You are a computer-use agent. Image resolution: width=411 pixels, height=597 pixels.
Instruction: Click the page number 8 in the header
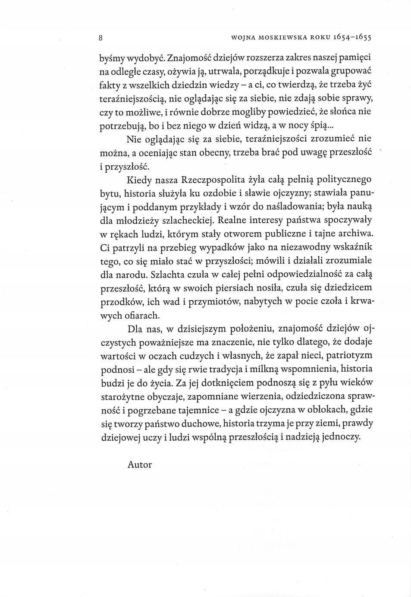100,37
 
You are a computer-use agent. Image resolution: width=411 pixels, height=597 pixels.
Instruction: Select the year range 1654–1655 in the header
352,38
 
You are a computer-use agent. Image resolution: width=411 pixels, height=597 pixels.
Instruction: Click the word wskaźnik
351,247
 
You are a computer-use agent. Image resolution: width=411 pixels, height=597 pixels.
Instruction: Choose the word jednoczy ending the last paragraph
341,437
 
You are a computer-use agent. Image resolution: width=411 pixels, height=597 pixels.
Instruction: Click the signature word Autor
140,464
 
